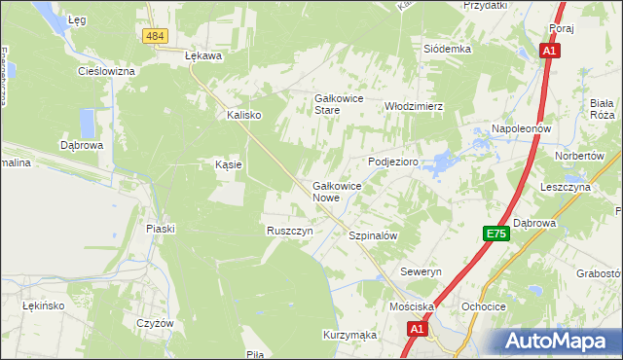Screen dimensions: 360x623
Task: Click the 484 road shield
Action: pyautogui.click(x=154, y=36)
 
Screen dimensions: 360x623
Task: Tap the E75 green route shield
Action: pyautogui.click(x=496, y=234)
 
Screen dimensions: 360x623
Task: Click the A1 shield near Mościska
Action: pyautogui.click(x=417, y=331)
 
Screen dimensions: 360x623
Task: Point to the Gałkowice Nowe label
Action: pyautogui.click(x=338, y=191)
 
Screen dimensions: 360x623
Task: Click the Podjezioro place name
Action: pyautogui.click(x=393, y=162)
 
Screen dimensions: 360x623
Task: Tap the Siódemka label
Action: pyautogui.click(x=448, y=49)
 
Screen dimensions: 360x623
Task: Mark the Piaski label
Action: pyautogui.click(x=160, y=229)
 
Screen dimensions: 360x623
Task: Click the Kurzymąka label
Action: pyautogui.click(x=349, y=334)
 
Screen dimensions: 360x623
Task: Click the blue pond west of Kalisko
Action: pyautogui.click(x=87, y=123)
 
